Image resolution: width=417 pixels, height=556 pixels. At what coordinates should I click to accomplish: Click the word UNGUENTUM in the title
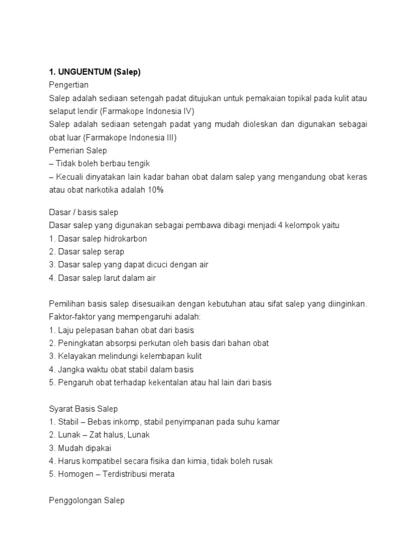pos(85,72)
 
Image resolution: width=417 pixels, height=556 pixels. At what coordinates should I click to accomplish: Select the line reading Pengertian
pos(68,85)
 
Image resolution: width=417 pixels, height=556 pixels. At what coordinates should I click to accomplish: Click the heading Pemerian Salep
pos(78,150)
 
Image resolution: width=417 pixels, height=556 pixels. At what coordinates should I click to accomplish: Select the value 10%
pos(153,190)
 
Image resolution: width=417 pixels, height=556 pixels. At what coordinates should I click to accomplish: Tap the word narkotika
pos(102,190)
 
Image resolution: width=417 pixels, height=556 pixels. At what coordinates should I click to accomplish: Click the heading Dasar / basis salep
pos(84,212)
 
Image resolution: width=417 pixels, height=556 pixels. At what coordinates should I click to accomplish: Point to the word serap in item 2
pos(114,251)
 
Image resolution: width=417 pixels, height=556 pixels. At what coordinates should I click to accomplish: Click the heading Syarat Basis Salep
pos(83,409)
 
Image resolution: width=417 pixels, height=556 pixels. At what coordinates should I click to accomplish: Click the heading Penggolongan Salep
pos(86,501)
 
